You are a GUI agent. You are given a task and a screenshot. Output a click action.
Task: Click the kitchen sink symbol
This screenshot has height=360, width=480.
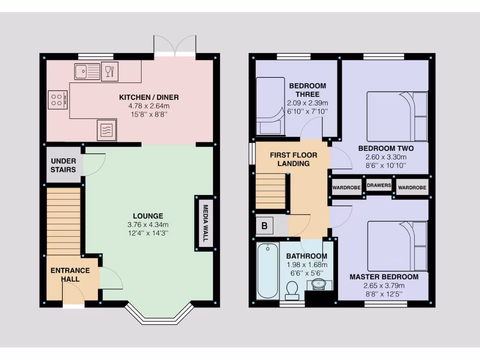click(87, 72)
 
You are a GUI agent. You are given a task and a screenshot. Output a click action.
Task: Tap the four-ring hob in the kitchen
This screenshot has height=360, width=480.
click(58, 99)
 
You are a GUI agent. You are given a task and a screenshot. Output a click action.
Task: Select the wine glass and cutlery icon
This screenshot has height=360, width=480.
click(110, 72)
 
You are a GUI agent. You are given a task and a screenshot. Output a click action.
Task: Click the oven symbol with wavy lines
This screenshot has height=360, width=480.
click(106, 130)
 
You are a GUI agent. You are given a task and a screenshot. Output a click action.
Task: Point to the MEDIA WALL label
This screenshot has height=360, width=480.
click(204, 223)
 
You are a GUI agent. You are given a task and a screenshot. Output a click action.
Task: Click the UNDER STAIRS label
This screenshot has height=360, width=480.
click(63, 165)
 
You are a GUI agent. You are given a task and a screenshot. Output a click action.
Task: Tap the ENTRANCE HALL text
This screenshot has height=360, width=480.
click(70, 275)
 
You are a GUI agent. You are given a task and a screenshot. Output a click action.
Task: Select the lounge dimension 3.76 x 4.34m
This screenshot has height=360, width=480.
click(148, 224)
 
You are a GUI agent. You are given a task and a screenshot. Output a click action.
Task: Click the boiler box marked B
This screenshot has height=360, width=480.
click(264, 226)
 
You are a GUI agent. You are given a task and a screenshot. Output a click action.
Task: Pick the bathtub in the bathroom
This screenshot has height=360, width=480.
click(268, 270)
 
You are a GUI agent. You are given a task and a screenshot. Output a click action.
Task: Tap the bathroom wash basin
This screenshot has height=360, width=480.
click(320, 284)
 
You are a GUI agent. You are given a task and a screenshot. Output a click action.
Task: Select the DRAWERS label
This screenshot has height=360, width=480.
click(379, 186)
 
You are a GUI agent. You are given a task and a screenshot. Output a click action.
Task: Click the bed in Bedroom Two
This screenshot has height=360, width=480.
click(397, 116)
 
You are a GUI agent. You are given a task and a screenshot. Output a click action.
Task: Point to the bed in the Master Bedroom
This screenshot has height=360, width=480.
click(397, 246)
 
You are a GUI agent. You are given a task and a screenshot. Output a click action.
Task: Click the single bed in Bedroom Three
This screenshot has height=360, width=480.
click(270, 106)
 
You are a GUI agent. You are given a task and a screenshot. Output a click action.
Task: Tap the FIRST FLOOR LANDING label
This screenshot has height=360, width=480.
click(293, 159)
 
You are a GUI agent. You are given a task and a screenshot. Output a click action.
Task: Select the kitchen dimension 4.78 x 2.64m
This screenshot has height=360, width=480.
click(149, 106)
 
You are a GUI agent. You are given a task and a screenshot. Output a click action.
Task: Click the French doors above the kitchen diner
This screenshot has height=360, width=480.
click(175, 46)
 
